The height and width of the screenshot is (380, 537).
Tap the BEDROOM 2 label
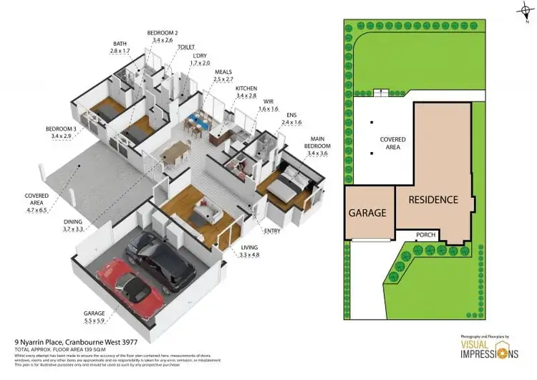[x=163, y=33]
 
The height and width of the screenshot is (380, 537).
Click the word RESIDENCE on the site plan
[x=433, y=199]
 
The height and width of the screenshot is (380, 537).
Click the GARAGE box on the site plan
[x=367, y=212]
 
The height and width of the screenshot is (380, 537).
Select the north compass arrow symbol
[x=522, y=11]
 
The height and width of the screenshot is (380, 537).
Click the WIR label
[x=268, y=103]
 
